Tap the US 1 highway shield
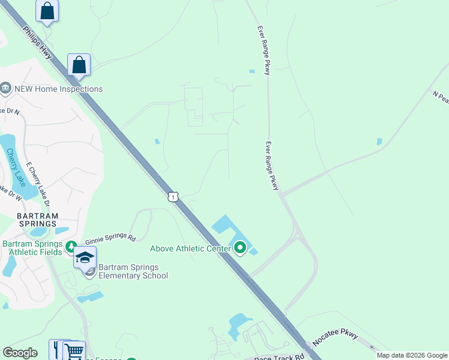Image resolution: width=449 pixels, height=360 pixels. click(x=173, y=197)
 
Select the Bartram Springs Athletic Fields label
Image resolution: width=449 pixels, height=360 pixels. click(x=32, y=248)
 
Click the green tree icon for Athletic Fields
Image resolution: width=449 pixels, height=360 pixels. click(x=71, y=246)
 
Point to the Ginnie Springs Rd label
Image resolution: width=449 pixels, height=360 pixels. click(x=110, y=238)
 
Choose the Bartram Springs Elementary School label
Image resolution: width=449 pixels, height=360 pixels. click(x=133, y=271)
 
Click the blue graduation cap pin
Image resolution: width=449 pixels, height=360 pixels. click(x=85, y=257)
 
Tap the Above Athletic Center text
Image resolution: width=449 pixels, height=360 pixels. click(x=190, y=248)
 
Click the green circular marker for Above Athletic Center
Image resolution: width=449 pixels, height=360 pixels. click(x=240, y=247)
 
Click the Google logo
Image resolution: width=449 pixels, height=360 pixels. click(x=20, y=353)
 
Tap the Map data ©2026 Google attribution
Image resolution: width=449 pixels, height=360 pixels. click(x=412, y=355)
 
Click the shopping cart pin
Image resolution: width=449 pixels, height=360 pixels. click(x=74, y=350)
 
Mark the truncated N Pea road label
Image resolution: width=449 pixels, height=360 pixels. click(x=441, y=97)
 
